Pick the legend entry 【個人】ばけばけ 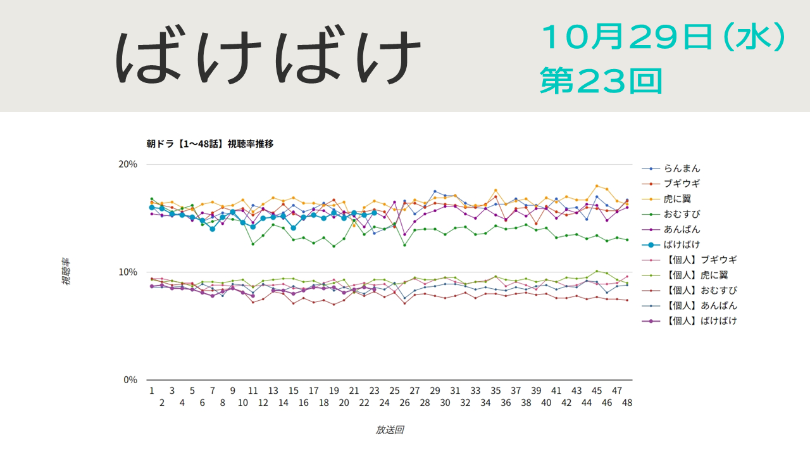(x=700, y=320)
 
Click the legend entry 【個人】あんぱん (x=700, y=305)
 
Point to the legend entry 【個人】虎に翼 (x=695, y=275)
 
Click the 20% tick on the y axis (x=128, y=164)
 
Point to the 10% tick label (x=128, y=272)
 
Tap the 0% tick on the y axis (x=130, y=380)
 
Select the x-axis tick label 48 (x=627, y=403)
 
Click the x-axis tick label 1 (x=152, y=391)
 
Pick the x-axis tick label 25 (x=394, y=391)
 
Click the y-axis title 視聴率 (x=66, y=272)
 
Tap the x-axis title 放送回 (x=389, y=430)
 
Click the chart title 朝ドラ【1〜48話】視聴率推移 (x=210, y=144)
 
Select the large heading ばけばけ (x=270, y=57)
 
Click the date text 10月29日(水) (x=663, y=38)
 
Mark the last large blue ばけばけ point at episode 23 (x=374, y=213)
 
